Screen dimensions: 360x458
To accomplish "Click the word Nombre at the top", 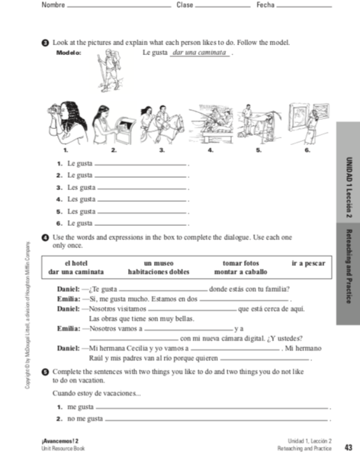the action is coord(53,6).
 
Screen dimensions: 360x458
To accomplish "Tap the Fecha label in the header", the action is coord(265,6).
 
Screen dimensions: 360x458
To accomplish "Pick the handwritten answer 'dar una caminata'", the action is coord(200,53).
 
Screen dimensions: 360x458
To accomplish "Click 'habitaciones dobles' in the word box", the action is coord(159,271).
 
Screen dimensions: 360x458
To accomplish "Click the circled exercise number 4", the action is coord(45,238).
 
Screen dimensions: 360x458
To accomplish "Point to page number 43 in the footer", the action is coord(348,447).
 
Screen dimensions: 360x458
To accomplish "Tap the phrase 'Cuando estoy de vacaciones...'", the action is coord(96,393).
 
